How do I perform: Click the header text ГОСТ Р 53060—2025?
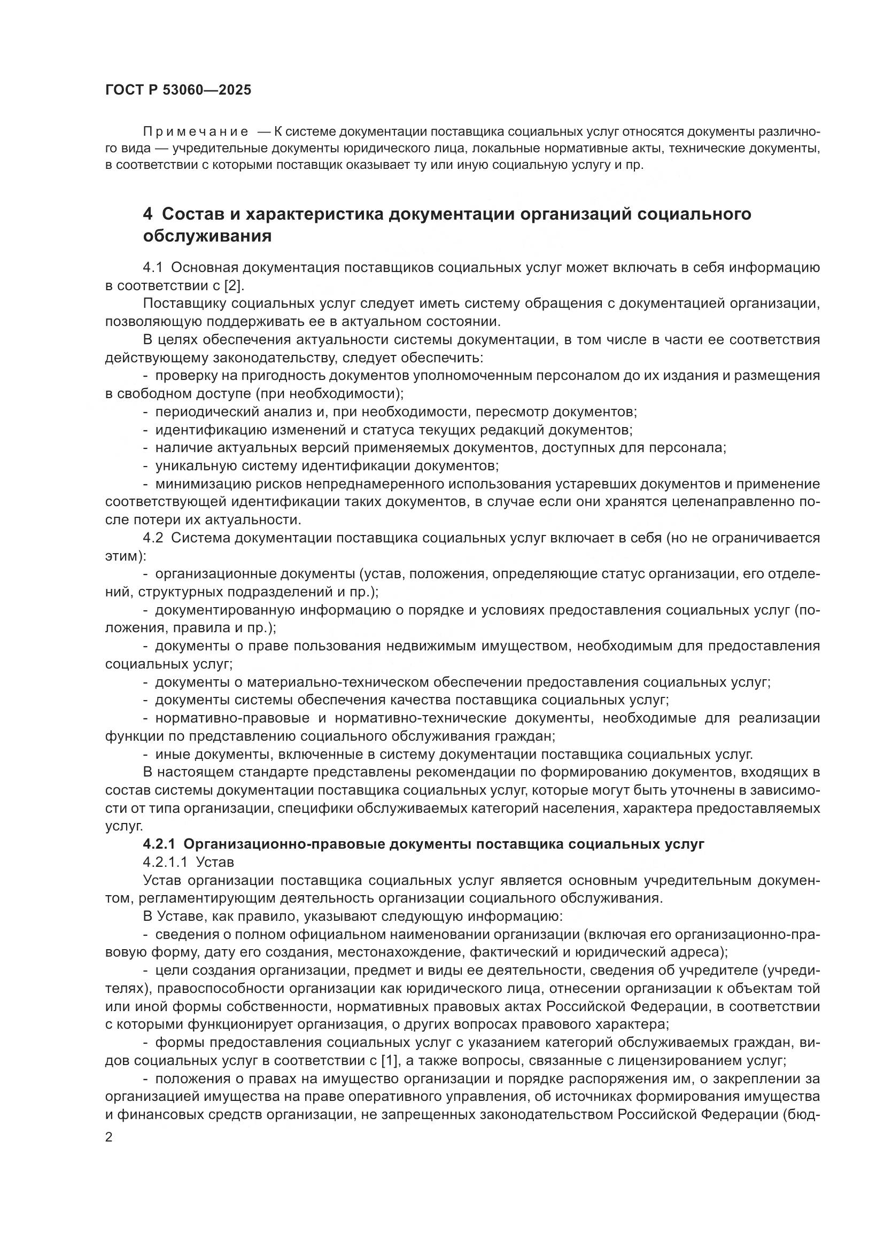(x=178, y=90)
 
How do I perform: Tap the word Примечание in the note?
(x=196, y=132)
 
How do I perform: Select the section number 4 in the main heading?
(x=148, y=214)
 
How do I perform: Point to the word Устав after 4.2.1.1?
(x=215, y=863)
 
